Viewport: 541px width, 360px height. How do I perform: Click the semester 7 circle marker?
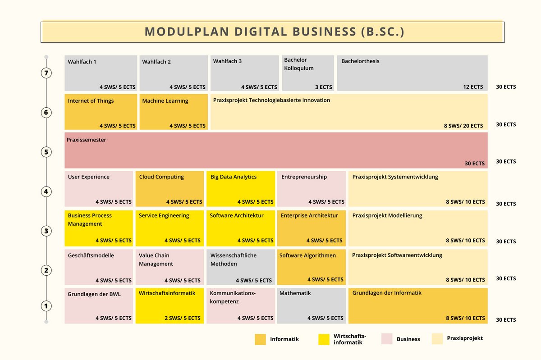(x=46, y=73)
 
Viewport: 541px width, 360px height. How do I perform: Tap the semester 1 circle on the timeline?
(x=46, y=306)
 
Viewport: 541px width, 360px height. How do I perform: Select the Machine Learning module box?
(x=174, y=112)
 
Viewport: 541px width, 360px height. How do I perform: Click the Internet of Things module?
(x=101, y=112)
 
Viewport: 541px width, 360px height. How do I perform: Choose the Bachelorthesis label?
(x=360, y=61)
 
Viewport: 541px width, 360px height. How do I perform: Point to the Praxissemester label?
(x=86, y=140)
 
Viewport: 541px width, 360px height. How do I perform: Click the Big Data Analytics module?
(x=241, y=189)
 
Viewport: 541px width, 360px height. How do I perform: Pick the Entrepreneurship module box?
(x=312, y=189)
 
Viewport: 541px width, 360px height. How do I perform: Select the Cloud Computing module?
(x=170, y=189)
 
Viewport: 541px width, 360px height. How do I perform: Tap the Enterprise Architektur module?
(x=312, y=228)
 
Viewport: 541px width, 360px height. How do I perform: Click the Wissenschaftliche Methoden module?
(x=241, y=267)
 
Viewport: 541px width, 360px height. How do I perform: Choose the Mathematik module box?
(x=312, y=305)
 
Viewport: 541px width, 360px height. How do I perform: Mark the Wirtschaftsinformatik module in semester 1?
(x=170, y=305)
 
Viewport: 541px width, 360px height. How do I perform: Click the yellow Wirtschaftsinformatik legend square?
(x=324, y=339)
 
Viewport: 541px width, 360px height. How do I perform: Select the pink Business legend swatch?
(x=387, y=339)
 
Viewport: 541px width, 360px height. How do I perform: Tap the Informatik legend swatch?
(x=260, y=339)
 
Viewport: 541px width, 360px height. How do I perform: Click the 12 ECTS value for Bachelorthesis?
(x=473, y=87)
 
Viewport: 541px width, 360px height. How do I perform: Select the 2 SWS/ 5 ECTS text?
(x=182, y=318)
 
